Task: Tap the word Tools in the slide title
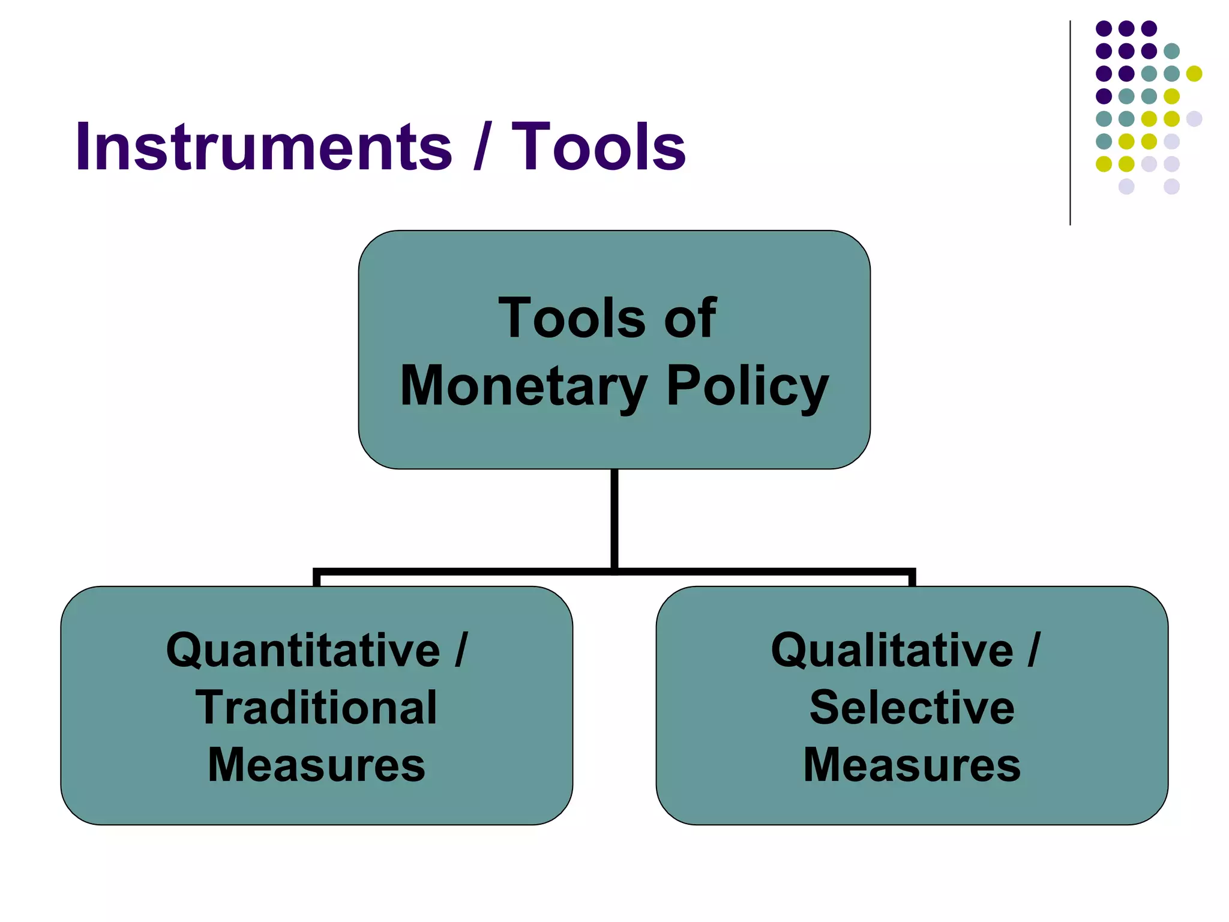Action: [x=598, y=147]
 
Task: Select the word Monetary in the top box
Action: [x=523, y=386]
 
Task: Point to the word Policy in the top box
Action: [x=747, y=386]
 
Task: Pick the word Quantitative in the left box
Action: [x=303, y=650]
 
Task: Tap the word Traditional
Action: [x=316, y=708]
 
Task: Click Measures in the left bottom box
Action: [x=316, y=765]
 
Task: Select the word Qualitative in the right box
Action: [x=892, y=650]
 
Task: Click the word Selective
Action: [x=912, y=708]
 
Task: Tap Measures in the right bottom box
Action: [x=912, y=765]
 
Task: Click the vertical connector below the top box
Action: [x=614, y=519]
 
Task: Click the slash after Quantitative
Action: [x=460, y=650]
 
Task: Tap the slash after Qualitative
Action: [x=1033, y=650]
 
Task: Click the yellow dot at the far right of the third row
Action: [x=1194, y=73]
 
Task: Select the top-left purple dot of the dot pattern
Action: [x=1104, y=28]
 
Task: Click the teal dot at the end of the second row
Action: [x=1171, y=51]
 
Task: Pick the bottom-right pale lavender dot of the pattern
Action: [x=1171, y=187]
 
